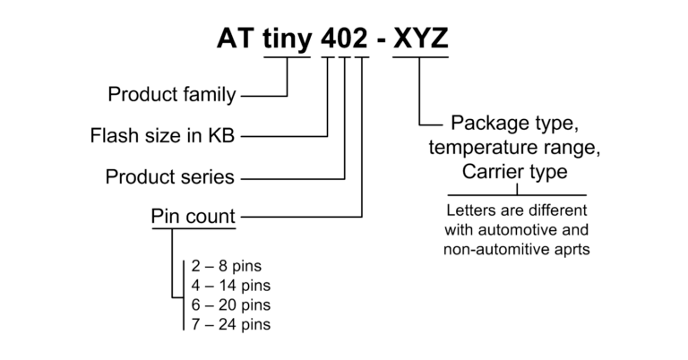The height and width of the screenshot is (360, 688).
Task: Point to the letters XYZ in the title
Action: click(x=421, y=38)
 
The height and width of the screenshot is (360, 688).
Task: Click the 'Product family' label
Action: click(x=171, y=94)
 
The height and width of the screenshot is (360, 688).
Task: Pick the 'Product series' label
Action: click(x=170, y=176)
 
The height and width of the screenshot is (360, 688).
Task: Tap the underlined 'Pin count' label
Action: click(x=193, y=216)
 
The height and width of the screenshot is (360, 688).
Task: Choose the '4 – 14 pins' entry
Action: click(x=230, y=286)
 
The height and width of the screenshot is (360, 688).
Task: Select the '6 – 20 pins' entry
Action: click(x=230, y=304)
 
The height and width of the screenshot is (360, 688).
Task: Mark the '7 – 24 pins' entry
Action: click(x=230, y=324)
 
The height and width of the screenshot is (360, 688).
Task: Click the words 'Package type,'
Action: click(x=516, y=123)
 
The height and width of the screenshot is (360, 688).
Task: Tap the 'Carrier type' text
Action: click(x=515, y=171)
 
